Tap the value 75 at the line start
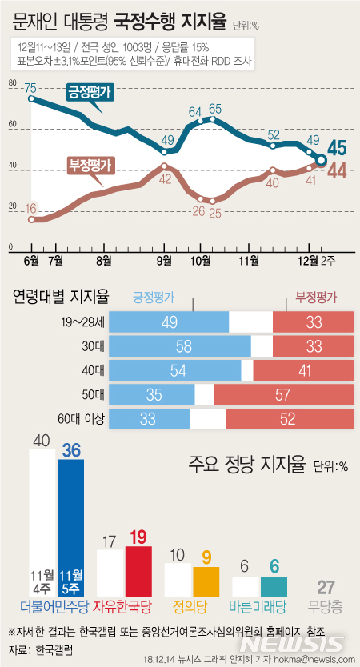(30, 88)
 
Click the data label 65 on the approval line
(214, 108)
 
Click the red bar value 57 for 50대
(283, 395)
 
